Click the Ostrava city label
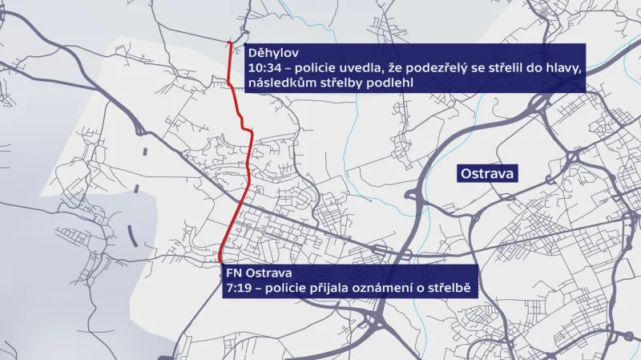tap(487, 173)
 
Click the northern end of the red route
tap(231, 42)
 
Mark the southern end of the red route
tap(220, 261)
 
